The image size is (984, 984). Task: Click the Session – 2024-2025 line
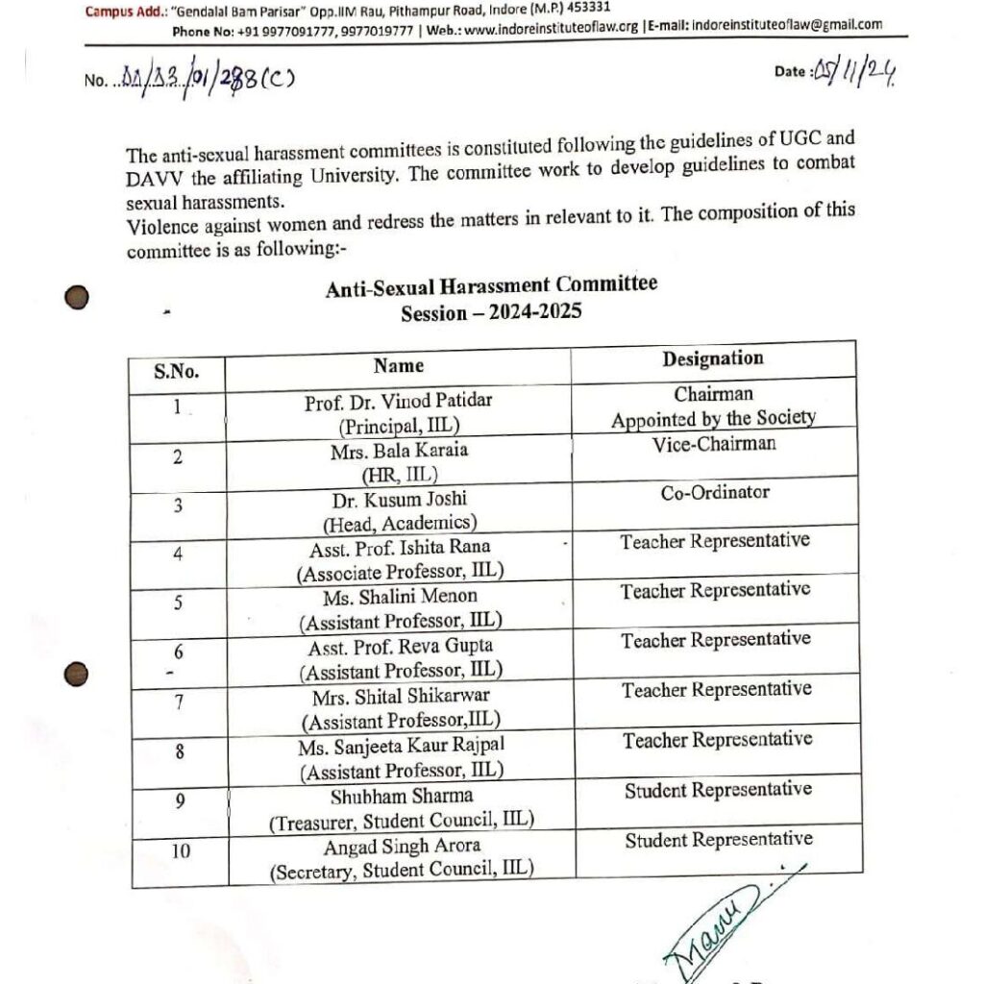pos(491,312)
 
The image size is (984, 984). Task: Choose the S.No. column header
pos(177,371)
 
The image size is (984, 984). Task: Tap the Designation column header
pos(712,359)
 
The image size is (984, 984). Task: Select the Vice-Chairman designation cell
pos(712,444)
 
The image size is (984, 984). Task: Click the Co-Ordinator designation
pos(714,493)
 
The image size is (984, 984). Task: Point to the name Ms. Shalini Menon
pos(400,597)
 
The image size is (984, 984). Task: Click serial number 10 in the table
pos(180,850)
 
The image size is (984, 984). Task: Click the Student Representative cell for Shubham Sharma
pos(717,791)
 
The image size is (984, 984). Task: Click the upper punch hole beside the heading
pos(77,298)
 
